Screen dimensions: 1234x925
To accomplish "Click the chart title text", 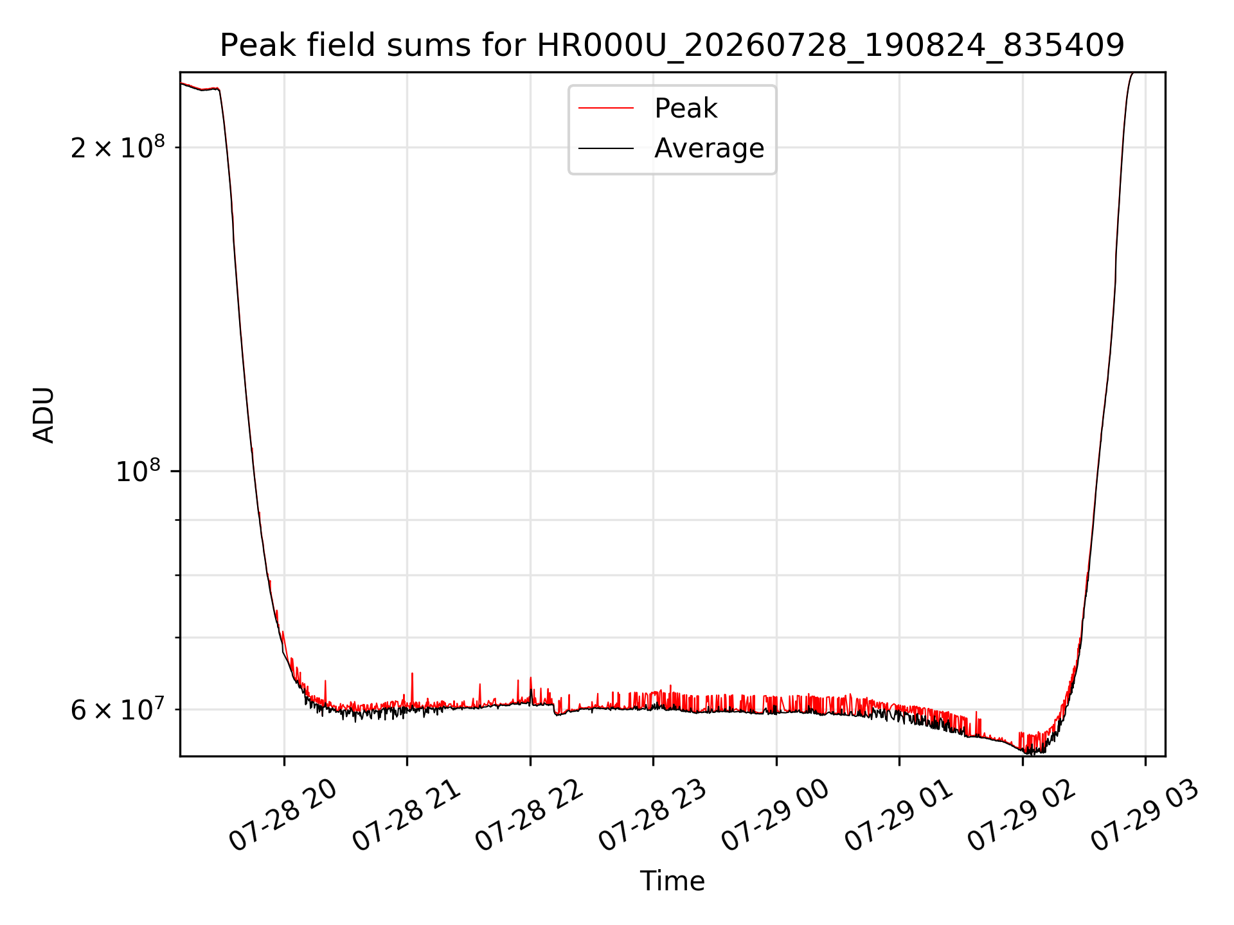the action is coord(672,46).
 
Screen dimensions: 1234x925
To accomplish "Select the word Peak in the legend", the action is coord(686,109).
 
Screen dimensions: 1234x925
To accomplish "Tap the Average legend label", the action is coord(710,148).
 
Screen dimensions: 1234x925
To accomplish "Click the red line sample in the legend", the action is coord(606,109).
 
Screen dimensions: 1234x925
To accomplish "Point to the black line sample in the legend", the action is coord(606,148).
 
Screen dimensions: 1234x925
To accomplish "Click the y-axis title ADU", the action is coord(44,414).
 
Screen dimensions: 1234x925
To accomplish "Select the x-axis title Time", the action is coord(672,881).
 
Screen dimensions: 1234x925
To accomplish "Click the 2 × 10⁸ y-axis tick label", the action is coord(118,147).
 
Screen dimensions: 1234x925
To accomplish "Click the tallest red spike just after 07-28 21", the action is coord(412,674).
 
